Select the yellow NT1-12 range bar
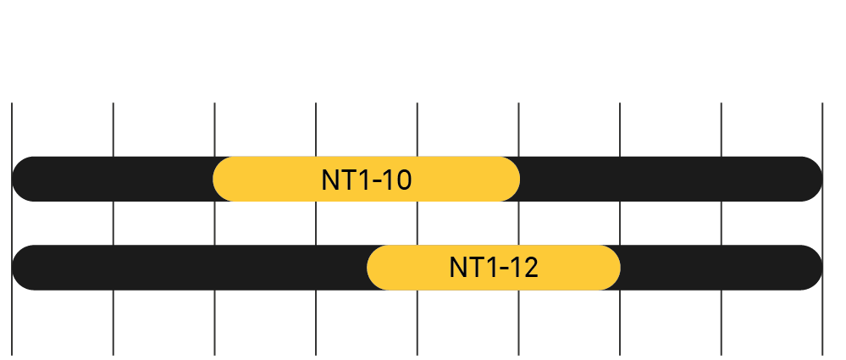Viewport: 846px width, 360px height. (406, 267)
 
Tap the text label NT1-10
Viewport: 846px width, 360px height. (367, 180)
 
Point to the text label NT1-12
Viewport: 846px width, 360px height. (494, 268)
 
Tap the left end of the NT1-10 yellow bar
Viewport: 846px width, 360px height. (217, 179)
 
